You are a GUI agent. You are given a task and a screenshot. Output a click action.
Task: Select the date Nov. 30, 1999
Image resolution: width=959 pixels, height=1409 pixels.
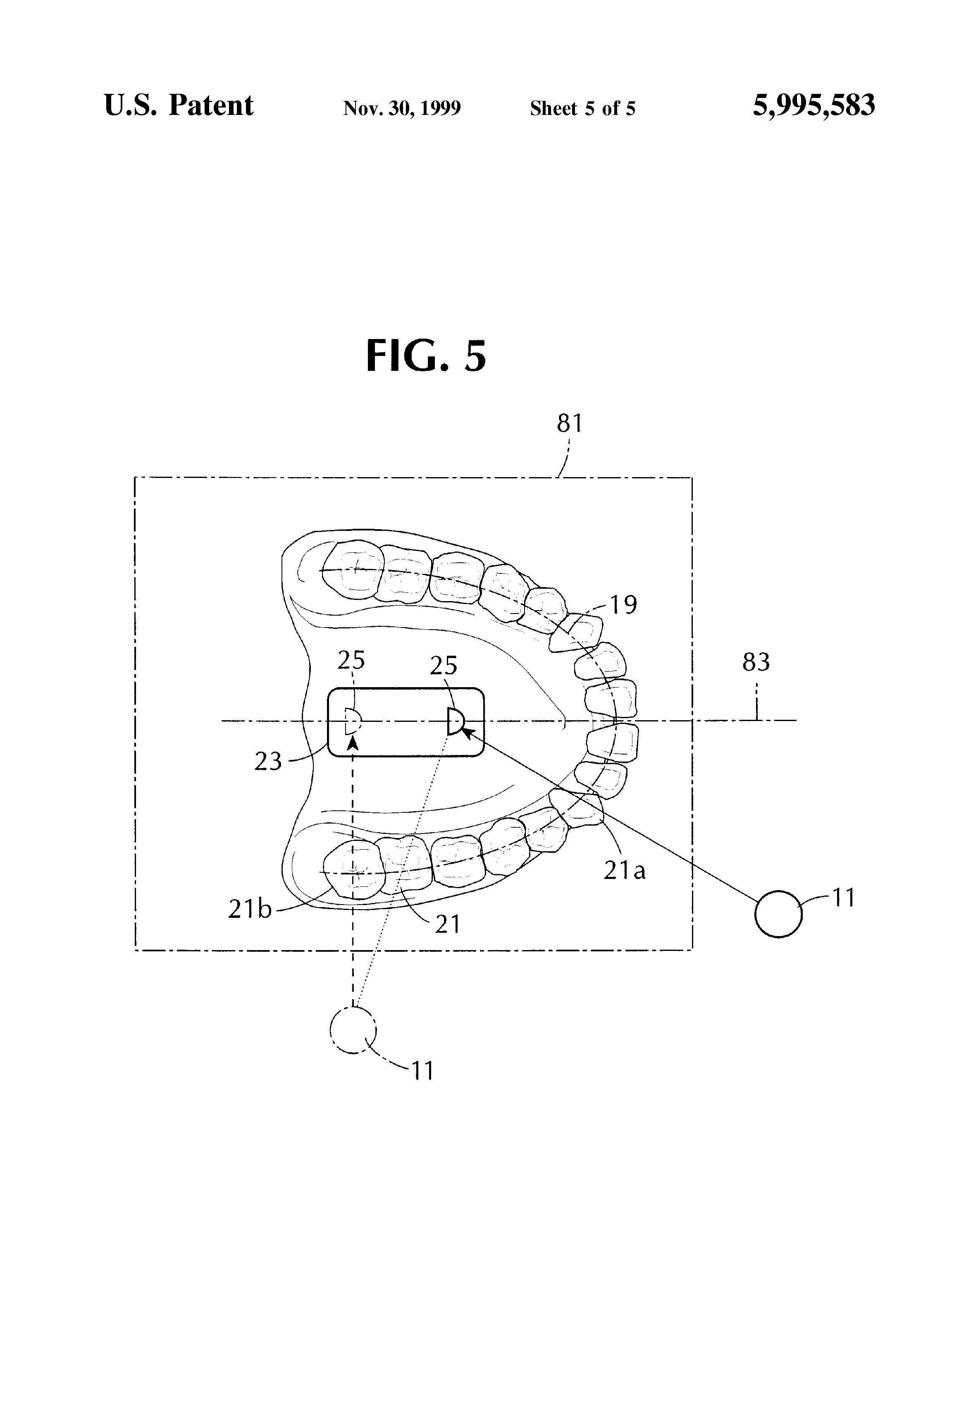(x=402, y=108)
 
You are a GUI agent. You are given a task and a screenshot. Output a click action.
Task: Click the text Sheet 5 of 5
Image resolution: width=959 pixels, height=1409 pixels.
(x=582, y=108)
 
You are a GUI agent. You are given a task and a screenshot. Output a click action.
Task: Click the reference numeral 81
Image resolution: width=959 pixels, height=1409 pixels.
(x=570, y=424)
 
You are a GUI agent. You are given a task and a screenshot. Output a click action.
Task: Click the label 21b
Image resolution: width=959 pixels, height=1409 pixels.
(x=250, y=910)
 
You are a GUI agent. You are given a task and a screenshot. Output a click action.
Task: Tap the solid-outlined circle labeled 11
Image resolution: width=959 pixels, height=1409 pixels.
(x=778, y=914)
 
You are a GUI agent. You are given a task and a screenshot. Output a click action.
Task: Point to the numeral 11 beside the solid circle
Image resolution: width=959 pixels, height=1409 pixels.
(x=844, y=897)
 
